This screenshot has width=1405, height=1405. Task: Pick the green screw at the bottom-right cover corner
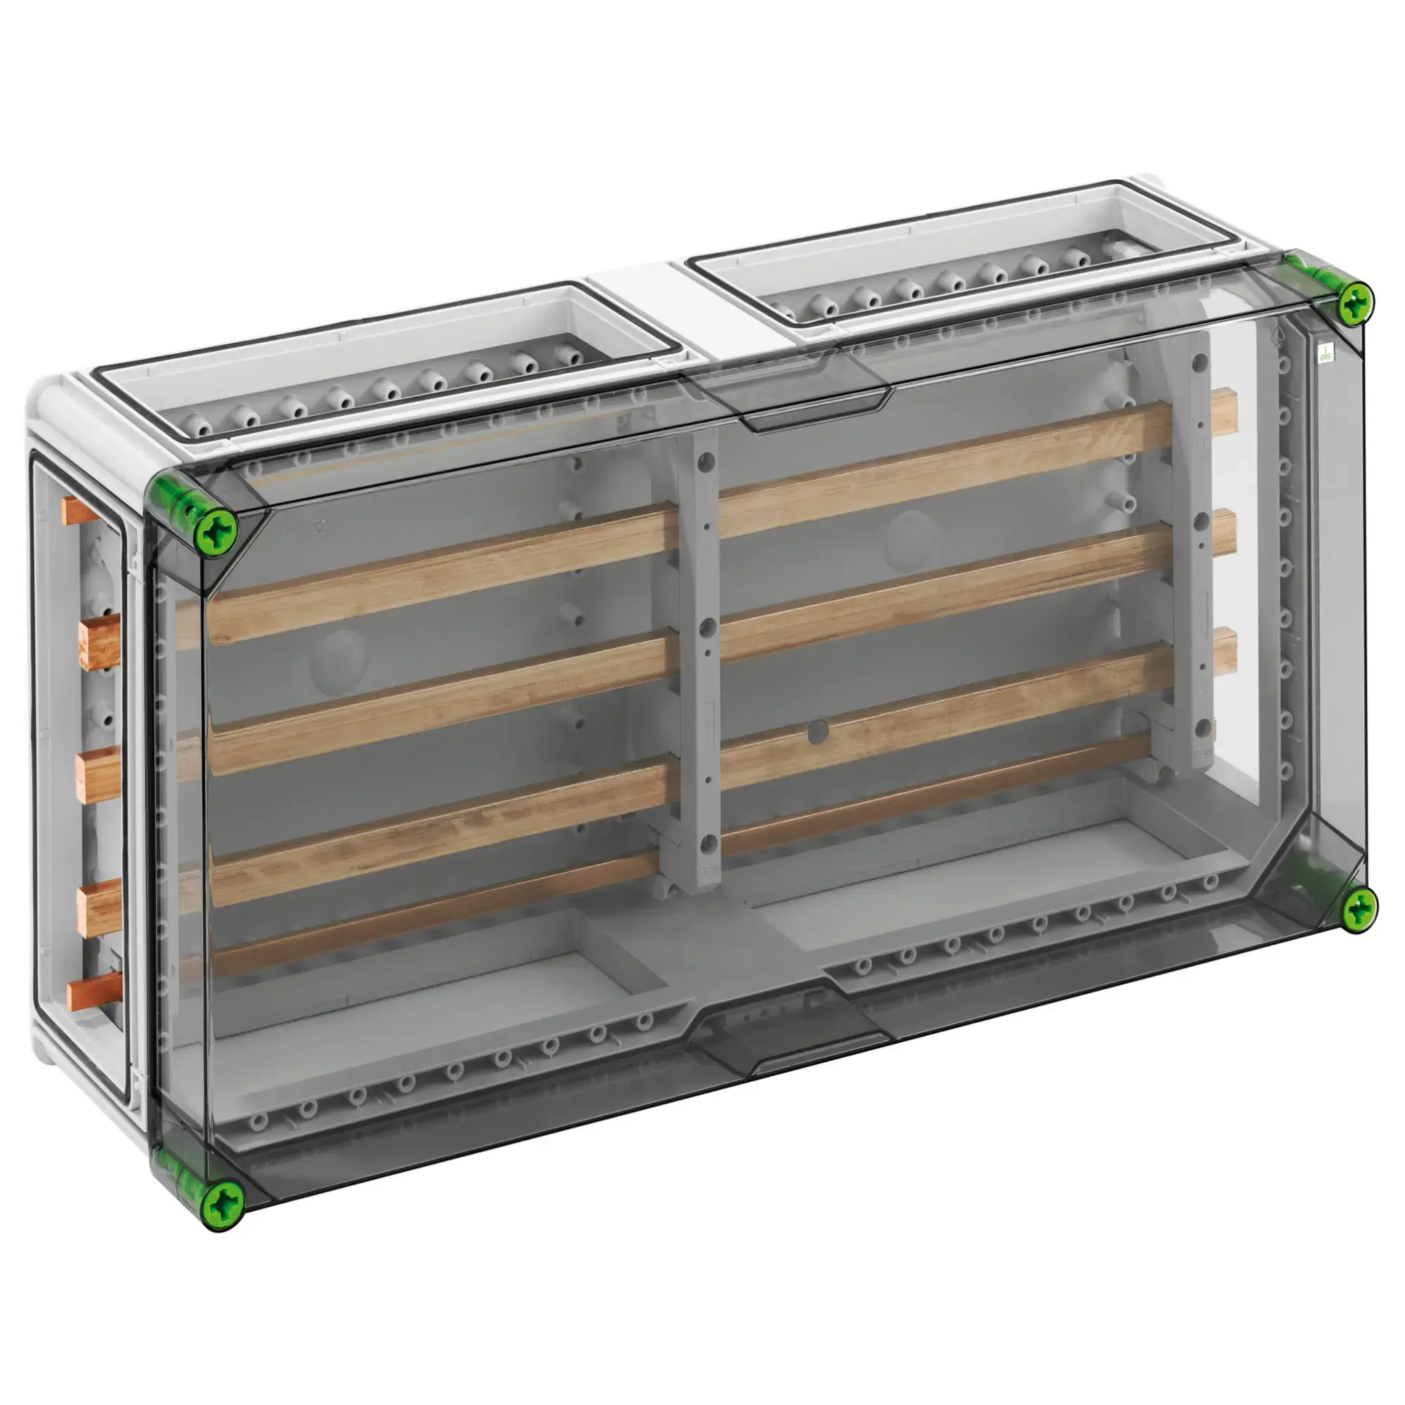pos(1357,910)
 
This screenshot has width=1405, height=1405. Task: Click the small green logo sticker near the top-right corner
pos(1326,354)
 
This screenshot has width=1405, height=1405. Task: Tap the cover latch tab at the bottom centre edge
pos(789,1040)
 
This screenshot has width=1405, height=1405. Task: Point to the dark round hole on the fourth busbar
pos(818,732)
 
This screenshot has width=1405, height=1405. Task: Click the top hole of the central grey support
pos(703,460)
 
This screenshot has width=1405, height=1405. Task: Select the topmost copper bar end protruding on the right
pos(1224,410)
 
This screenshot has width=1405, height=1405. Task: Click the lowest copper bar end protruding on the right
pos(1224,649)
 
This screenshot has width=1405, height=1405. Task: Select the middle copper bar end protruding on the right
pos(1224,532)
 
